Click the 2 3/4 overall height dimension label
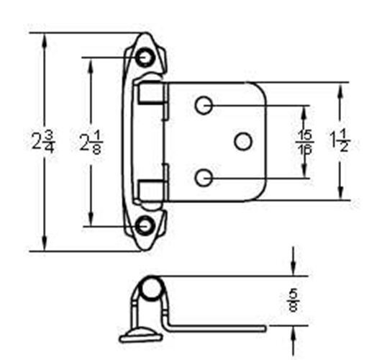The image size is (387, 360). [42, 141]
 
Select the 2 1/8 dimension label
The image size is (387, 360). [90, 142]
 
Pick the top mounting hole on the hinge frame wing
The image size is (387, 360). [147, 56]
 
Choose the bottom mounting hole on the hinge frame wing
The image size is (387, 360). [147, 225]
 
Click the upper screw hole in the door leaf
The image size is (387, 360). [204, 105]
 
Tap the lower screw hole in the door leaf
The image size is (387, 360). [204, 176]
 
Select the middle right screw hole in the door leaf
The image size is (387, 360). [243, 141]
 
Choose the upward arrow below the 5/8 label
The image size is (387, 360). [293, 333]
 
